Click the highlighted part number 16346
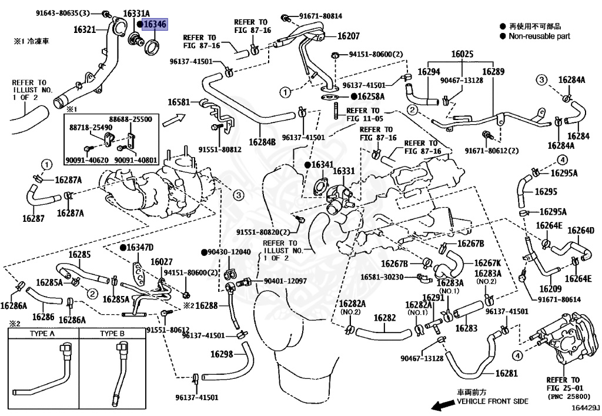[x=156, y=24]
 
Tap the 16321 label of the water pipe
[x=86, y=28]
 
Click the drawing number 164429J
[x=584, y=407]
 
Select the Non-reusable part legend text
[x=539, y=36]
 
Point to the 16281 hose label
[x=506, y=373]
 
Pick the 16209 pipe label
[x=550, y=289]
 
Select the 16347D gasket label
[x=140, y=247]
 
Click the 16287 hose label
[x=34, y=218]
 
